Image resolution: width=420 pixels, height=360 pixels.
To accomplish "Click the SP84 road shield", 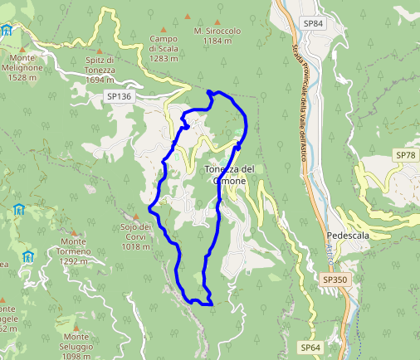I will tap(313, 23).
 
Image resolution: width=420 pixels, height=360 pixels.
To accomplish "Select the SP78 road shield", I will tap(405, 155).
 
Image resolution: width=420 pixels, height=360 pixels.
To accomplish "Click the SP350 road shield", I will tap(335, 280).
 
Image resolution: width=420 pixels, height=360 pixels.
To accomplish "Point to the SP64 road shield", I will tap(310, 347).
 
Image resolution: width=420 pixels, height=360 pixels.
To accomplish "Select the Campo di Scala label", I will tap(164, 48).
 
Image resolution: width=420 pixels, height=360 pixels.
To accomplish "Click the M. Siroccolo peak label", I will tap(217, 36).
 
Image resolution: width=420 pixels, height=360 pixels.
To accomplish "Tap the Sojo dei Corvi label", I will tap(134, 236).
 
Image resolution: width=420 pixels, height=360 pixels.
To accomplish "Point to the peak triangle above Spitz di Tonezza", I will tap(100, 51).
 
